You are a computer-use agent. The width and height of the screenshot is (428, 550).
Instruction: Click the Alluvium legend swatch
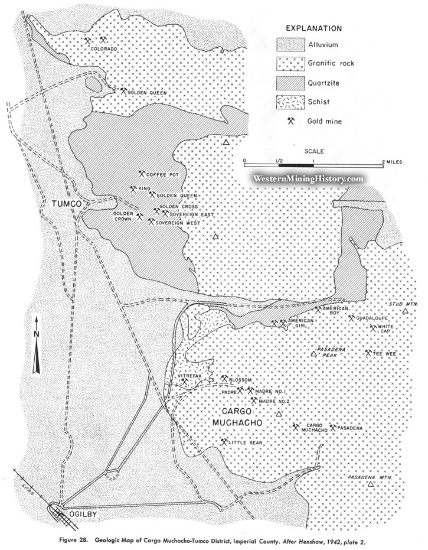click(290, 44)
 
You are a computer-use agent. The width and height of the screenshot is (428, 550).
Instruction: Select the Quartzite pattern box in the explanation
click(290, 82)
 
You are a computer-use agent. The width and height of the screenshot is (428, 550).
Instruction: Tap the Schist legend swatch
click(290, 102)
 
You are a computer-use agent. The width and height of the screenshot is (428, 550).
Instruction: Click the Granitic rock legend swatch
click(290, 63)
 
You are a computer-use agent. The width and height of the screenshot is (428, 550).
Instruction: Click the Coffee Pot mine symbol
click(142, 174)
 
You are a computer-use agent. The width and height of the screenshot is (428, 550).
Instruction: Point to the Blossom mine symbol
click(224, 378)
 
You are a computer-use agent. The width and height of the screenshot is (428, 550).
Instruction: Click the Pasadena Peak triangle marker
click(313, 354)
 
